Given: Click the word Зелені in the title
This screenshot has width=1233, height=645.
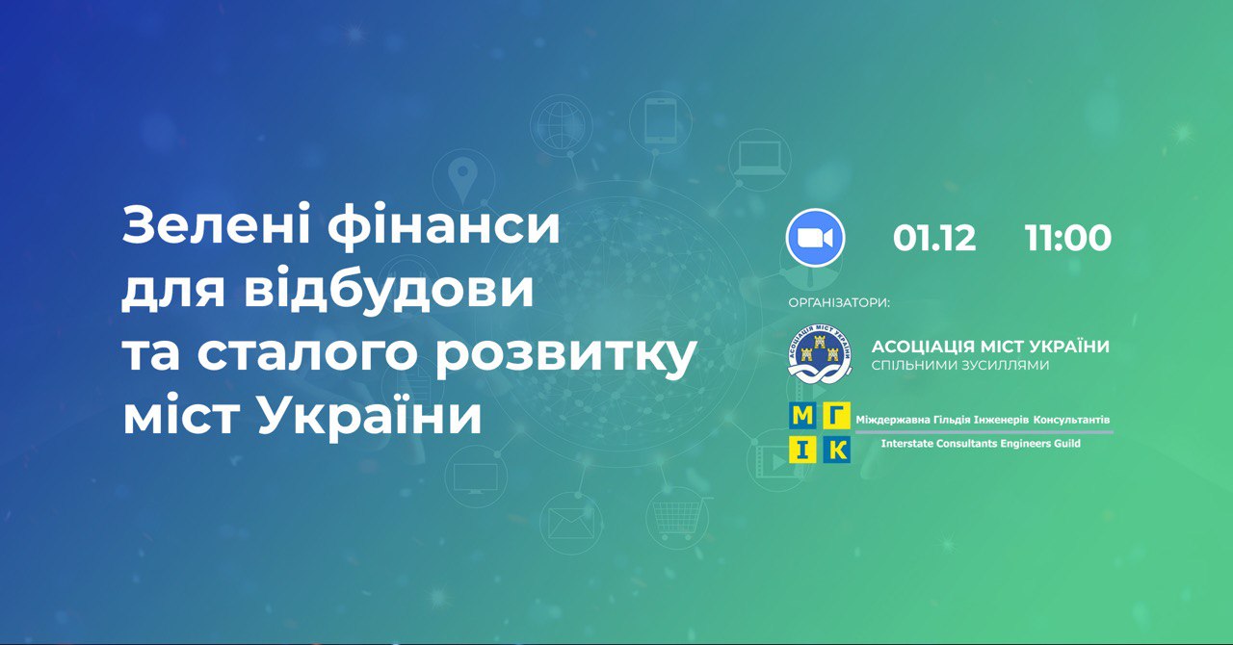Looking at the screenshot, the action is click(x=216, y=224).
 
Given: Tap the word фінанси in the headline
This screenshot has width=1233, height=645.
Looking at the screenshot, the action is click(x=444, y=226).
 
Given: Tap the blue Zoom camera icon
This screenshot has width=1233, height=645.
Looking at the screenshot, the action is click(x=815, y=238).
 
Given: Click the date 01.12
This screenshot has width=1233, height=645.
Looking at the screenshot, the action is click(x=934, y=239).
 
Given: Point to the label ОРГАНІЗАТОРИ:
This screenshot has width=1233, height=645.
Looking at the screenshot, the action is click(x=839, y=303).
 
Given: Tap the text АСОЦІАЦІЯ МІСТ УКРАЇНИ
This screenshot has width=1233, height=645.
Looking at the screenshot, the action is click(x=990, y=347).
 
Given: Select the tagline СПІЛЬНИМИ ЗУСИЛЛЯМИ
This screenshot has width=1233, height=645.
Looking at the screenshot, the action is click(x=960, y=366).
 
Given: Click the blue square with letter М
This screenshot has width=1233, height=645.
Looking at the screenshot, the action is click(x=803, y=416).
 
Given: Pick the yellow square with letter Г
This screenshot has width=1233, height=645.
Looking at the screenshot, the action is click(x=837, y=416).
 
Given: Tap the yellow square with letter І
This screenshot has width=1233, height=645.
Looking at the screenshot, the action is click(x=803, y=450).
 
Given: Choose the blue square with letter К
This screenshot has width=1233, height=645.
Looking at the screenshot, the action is click(x=837, y=450).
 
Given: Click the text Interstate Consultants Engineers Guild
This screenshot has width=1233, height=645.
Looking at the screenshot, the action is click(x=981, y=444).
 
